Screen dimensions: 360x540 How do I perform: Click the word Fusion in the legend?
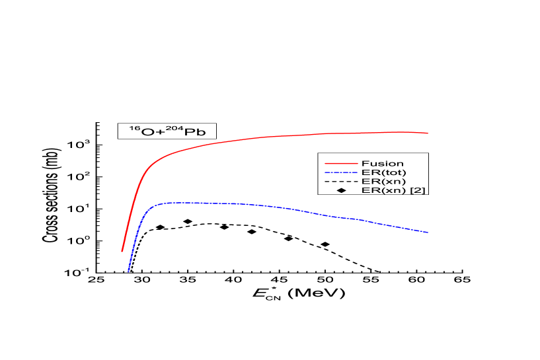point(382,163)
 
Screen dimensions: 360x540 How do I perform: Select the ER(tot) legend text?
point(383,172)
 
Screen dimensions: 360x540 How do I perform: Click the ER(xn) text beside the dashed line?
point(383,181)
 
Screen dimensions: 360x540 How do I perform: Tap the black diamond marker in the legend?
point(341,190)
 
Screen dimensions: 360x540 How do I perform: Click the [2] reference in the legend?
point(418,190)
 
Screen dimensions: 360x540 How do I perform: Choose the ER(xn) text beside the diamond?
point(383,190)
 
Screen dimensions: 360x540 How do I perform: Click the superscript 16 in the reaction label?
point(134,127)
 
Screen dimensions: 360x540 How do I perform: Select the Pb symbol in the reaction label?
point(195,132)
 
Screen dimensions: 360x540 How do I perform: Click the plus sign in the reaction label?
point(160,132)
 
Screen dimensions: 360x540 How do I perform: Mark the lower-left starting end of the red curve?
point(122,251)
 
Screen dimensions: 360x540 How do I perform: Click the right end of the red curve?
point(428,133)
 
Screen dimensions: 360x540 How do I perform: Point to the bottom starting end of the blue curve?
point(128,271)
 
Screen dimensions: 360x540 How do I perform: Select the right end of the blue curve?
point(428,232)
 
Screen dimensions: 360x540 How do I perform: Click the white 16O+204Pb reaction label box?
point(167,131)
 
